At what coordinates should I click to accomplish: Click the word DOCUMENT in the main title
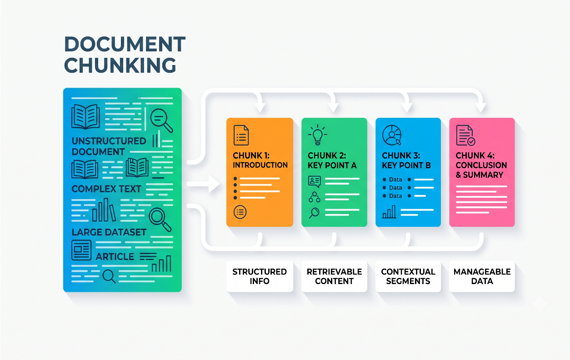point(125,44)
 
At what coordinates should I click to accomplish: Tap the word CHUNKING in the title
point(120,65)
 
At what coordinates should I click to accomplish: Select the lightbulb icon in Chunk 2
point(318,135)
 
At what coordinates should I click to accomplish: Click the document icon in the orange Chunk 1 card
point(241,135)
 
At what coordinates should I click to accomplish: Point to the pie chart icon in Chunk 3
point(392,135)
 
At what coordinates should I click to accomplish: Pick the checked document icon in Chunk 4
point(465,135)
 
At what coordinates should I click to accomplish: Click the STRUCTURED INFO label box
point(260,276)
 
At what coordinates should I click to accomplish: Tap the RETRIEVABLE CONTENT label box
point(334,276)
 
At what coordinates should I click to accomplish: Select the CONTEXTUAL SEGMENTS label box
point(408,276)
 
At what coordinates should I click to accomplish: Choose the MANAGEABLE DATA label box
point(482,276)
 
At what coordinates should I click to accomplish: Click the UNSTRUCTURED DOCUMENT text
point(109,146)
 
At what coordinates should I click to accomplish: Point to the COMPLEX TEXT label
point(106,189)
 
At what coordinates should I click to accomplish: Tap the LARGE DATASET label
point(109,232)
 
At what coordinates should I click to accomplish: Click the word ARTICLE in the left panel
point(115,257)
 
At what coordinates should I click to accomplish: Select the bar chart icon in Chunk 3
point(389,212)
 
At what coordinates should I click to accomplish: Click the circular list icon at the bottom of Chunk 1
point(240,212)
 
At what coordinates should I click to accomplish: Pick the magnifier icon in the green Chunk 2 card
point(315,213)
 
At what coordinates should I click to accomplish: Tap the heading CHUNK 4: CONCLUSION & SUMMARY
point(481,165)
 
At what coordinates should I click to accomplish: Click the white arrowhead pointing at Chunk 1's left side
point(214,184)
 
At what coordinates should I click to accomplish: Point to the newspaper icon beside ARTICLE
point(81,250)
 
